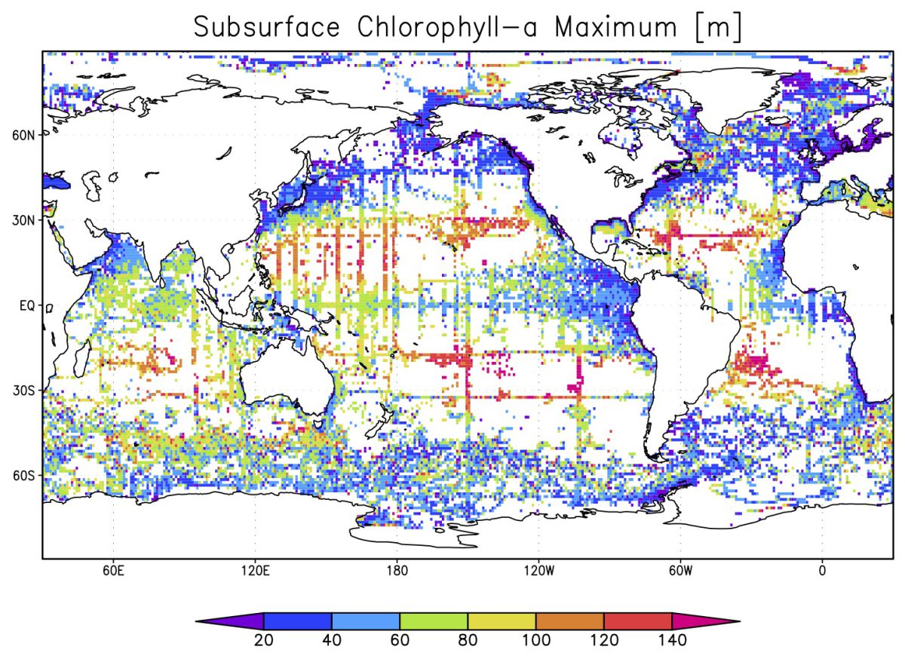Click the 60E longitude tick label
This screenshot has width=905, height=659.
[113, 570]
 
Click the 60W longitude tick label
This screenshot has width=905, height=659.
[680, 570]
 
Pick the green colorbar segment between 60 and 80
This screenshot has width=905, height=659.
[433, 621]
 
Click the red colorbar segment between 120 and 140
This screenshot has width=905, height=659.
[637, 621]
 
